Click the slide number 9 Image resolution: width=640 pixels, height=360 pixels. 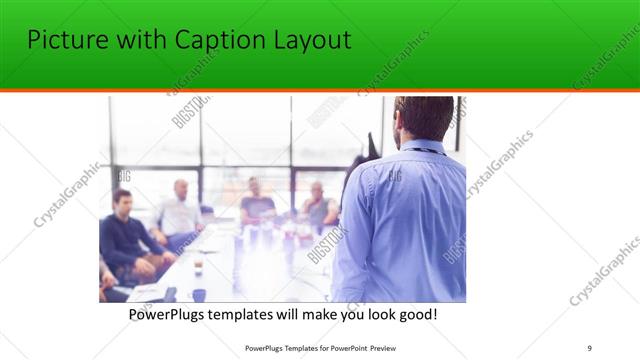pos(589,348)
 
